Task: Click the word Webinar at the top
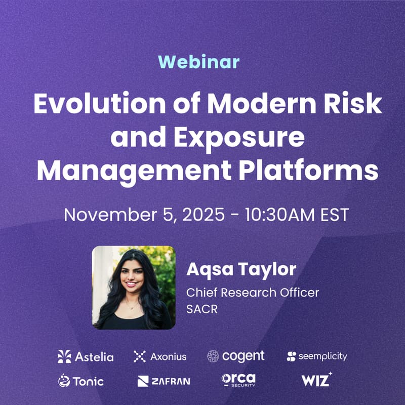click(198, 62)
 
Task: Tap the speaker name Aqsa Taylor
click(241, 270)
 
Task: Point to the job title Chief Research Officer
click(253, 293)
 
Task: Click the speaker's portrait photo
click(134, 288)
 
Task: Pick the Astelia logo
click(86, 356)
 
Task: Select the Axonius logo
click(160, 356)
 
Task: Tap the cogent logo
click(235, 356)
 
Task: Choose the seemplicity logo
click(317, 356)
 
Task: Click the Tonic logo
click(81, 381)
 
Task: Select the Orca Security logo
click(238, 380)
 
